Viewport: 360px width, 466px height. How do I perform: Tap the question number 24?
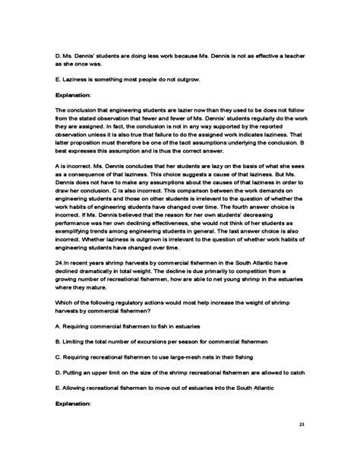60,261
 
